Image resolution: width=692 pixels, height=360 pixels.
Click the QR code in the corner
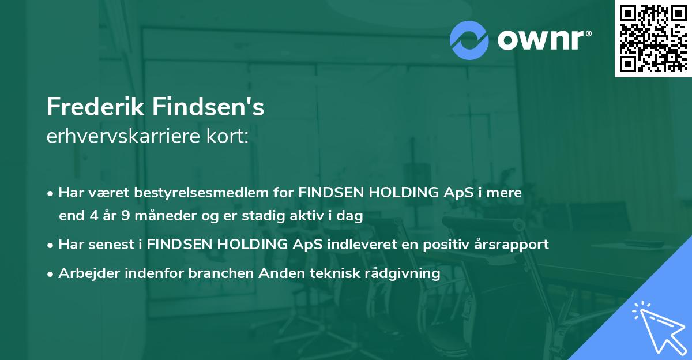tap(653, 39)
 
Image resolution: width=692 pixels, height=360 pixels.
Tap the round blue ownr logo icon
tap(469, 40)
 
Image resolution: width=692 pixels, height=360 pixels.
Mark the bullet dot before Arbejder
tap(51, 273)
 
